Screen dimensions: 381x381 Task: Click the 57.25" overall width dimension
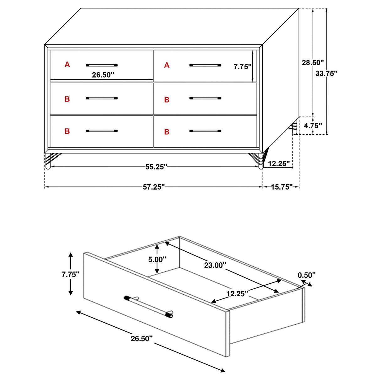[154, 187]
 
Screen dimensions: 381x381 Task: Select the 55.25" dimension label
[156, 167]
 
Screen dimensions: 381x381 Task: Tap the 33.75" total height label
[326, 73]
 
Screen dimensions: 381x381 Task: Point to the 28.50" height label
[313, 62]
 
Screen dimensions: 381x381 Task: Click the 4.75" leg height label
[313, 126]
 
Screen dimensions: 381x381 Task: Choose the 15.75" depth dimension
[282, 187]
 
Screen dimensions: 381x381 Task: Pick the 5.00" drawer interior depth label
[157, 260]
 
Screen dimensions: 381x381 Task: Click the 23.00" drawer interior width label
[215, 265]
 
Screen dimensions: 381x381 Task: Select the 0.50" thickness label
[306, 275]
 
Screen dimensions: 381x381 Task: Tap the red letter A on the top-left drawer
[67, 65]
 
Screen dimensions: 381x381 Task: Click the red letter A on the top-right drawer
[167, 65]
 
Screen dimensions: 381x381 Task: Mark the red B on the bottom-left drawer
[67, 131]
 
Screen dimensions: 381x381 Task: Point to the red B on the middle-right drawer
[167, 100]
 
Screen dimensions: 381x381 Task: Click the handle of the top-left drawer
[101, 65]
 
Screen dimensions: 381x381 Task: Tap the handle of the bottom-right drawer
[205, 131]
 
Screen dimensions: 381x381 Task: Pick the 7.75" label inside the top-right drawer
[242, 67]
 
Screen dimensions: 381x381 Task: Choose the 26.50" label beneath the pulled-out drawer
[142, 339]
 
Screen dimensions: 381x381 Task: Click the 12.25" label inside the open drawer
[237, 293]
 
